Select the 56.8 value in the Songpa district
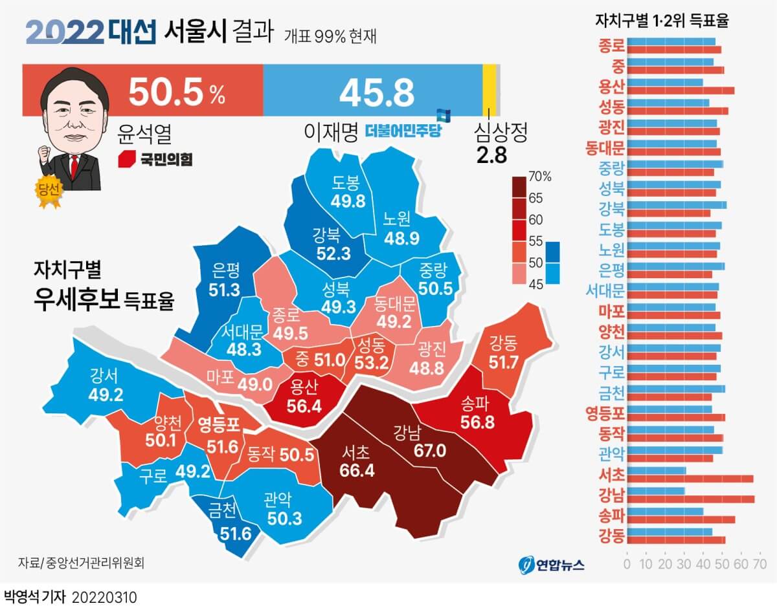(478, 421)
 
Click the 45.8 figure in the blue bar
(376, 93)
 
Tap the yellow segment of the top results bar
(490, 82)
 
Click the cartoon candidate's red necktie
(75, 165)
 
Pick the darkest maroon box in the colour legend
(519, 186)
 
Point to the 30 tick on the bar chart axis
(684, 563)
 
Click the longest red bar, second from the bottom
(692, 499)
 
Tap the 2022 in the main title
(65, 32)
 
